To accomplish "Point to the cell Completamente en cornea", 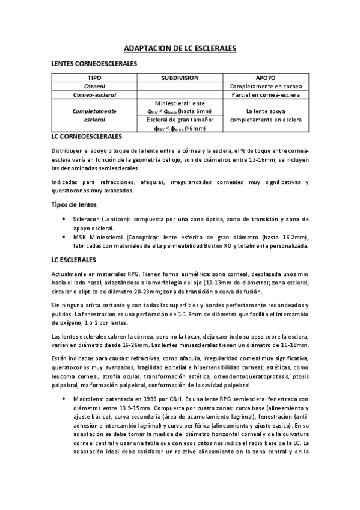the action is click(x=266, y=87).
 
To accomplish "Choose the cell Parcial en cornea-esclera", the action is click(x=266, y=95).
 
